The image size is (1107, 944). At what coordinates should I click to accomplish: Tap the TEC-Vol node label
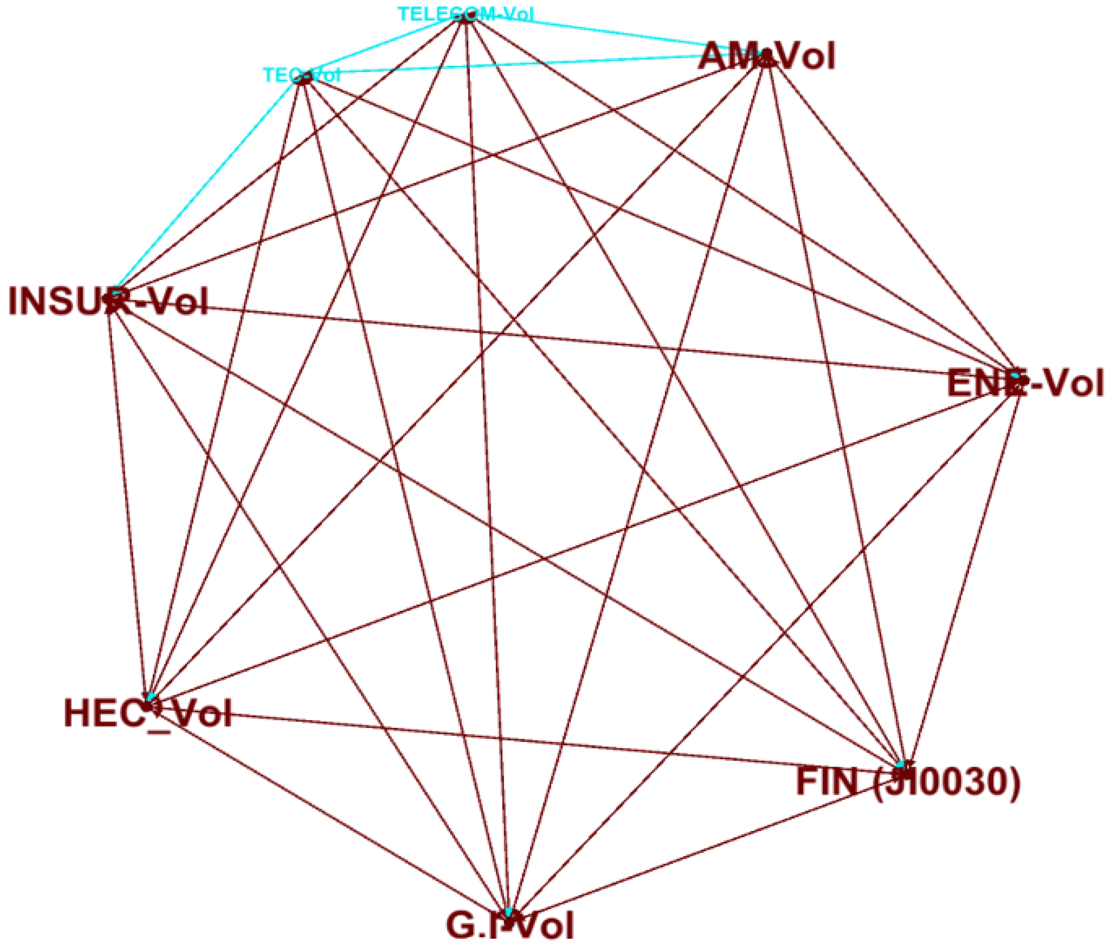(301, 75)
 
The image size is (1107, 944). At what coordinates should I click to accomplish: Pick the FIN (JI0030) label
(908, 781)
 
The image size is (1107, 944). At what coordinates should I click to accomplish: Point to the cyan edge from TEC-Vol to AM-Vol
(534, 64)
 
